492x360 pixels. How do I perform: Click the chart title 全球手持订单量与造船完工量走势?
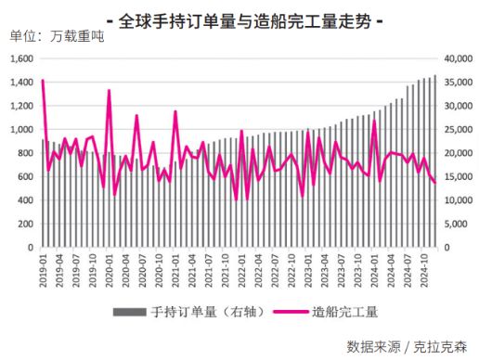245,19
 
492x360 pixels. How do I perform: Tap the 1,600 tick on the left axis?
20,58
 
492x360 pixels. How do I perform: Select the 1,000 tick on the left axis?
20,130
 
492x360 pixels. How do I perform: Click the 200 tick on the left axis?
25,225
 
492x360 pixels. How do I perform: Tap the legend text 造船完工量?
345,312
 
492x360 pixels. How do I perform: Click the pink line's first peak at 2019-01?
43,81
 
